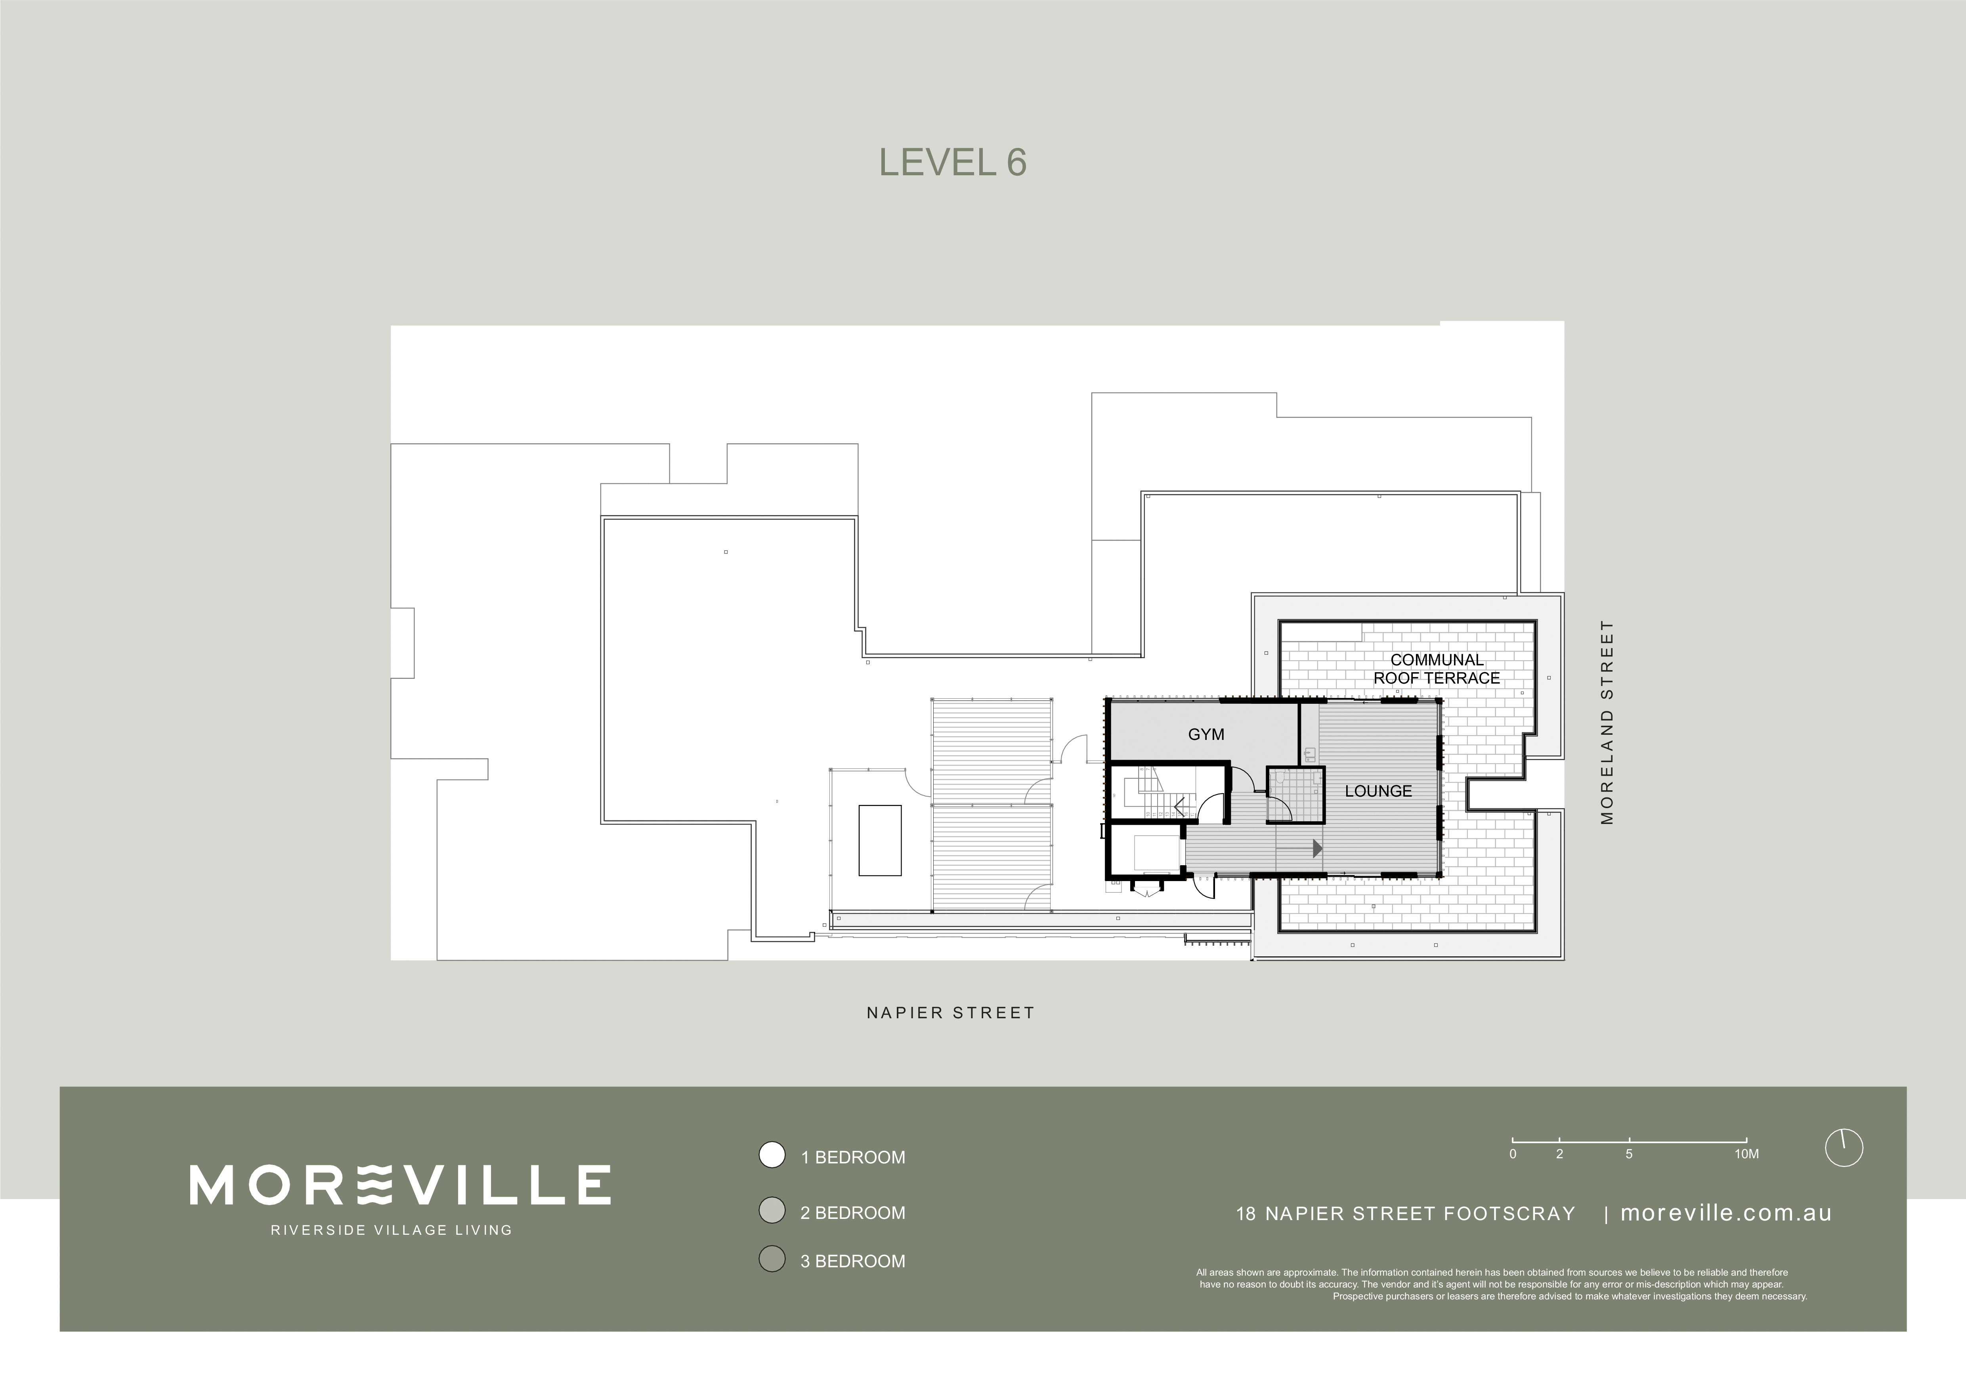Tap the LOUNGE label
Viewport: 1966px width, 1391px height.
pos(1378,791)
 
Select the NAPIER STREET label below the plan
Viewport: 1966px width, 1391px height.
pos(950,1012)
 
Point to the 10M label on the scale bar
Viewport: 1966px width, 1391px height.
pos(1747,1154)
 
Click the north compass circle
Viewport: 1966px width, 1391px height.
pos(1844,1148)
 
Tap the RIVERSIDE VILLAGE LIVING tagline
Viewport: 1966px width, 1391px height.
pos(391,1230)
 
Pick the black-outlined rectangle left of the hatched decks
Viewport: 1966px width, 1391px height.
pos(879,840)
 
